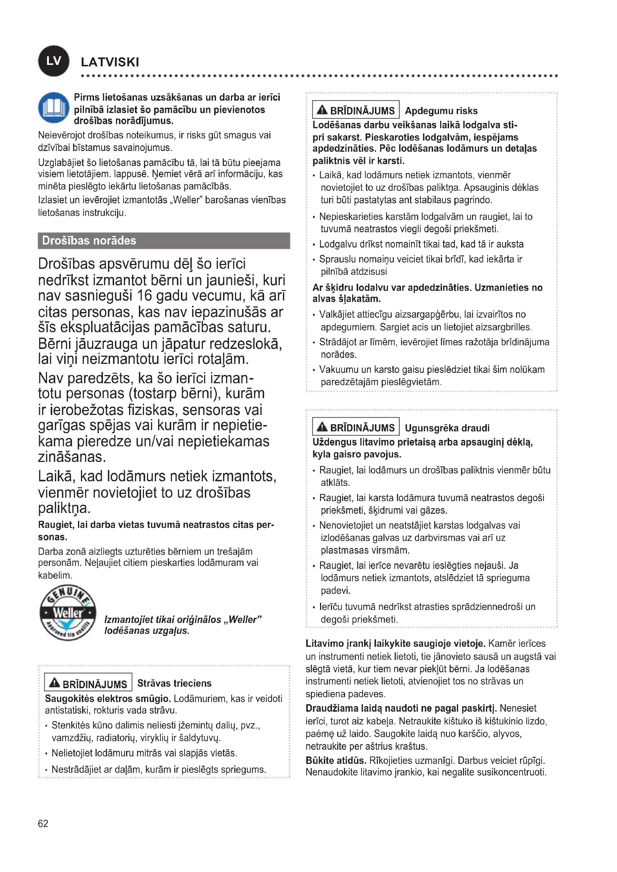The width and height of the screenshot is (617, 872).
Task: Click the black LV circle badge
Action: coord(54,61)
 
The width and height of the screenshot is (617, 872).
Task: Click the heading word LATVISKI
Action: coord(110,62)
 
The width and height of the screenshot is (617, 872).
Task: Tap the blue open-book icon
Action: coord(54,108)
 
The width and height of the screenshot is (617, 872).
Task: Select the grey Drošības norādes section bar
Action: coord(164,240)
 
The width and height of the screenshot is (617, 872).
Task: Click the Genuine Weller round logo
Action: coord(68,612)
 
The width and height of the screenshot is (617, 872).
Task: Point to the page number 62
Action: coord(43,823)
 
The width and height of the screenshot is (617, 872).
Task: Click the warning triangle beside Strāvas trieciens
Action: coord(55,683)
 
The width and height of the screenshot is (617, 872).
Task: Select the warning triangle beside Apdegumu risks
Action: coord(322,110)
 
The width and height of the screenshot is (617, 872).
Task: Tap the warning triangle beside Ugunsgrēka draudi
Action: coord(322,427)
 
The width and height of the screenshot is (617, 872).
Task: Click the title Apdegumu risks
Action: coord(441,111)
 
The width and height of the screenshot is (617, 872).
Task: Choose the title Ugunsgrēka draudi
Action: coord(447,428)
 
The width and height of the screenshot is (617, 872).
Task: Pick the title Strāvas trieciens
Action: coord(174,683)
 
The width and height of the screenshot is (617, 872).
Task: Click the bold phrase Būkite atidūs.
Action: coord(336,760)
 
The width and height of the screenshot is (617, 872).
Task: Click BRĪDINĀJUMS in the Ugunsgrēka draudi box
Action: coord(362,428)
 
